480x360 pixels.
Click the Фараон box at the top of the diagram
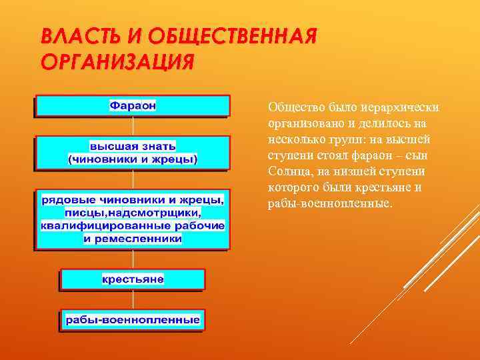(x=133, y=105)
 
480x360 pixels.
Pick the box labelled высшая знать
(x=133, y=152)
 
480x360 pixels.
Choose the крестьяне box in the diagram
(x=133, y=279)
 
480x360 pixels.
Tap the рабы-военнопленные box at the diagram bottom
(x=133, y=320)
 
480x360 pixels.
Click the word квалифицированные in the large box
(x=97, y=225)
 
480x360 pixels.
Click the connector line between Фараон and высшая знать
(x=134, y=127)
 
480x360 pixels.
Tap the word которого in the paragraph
(x=293, y=188)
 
